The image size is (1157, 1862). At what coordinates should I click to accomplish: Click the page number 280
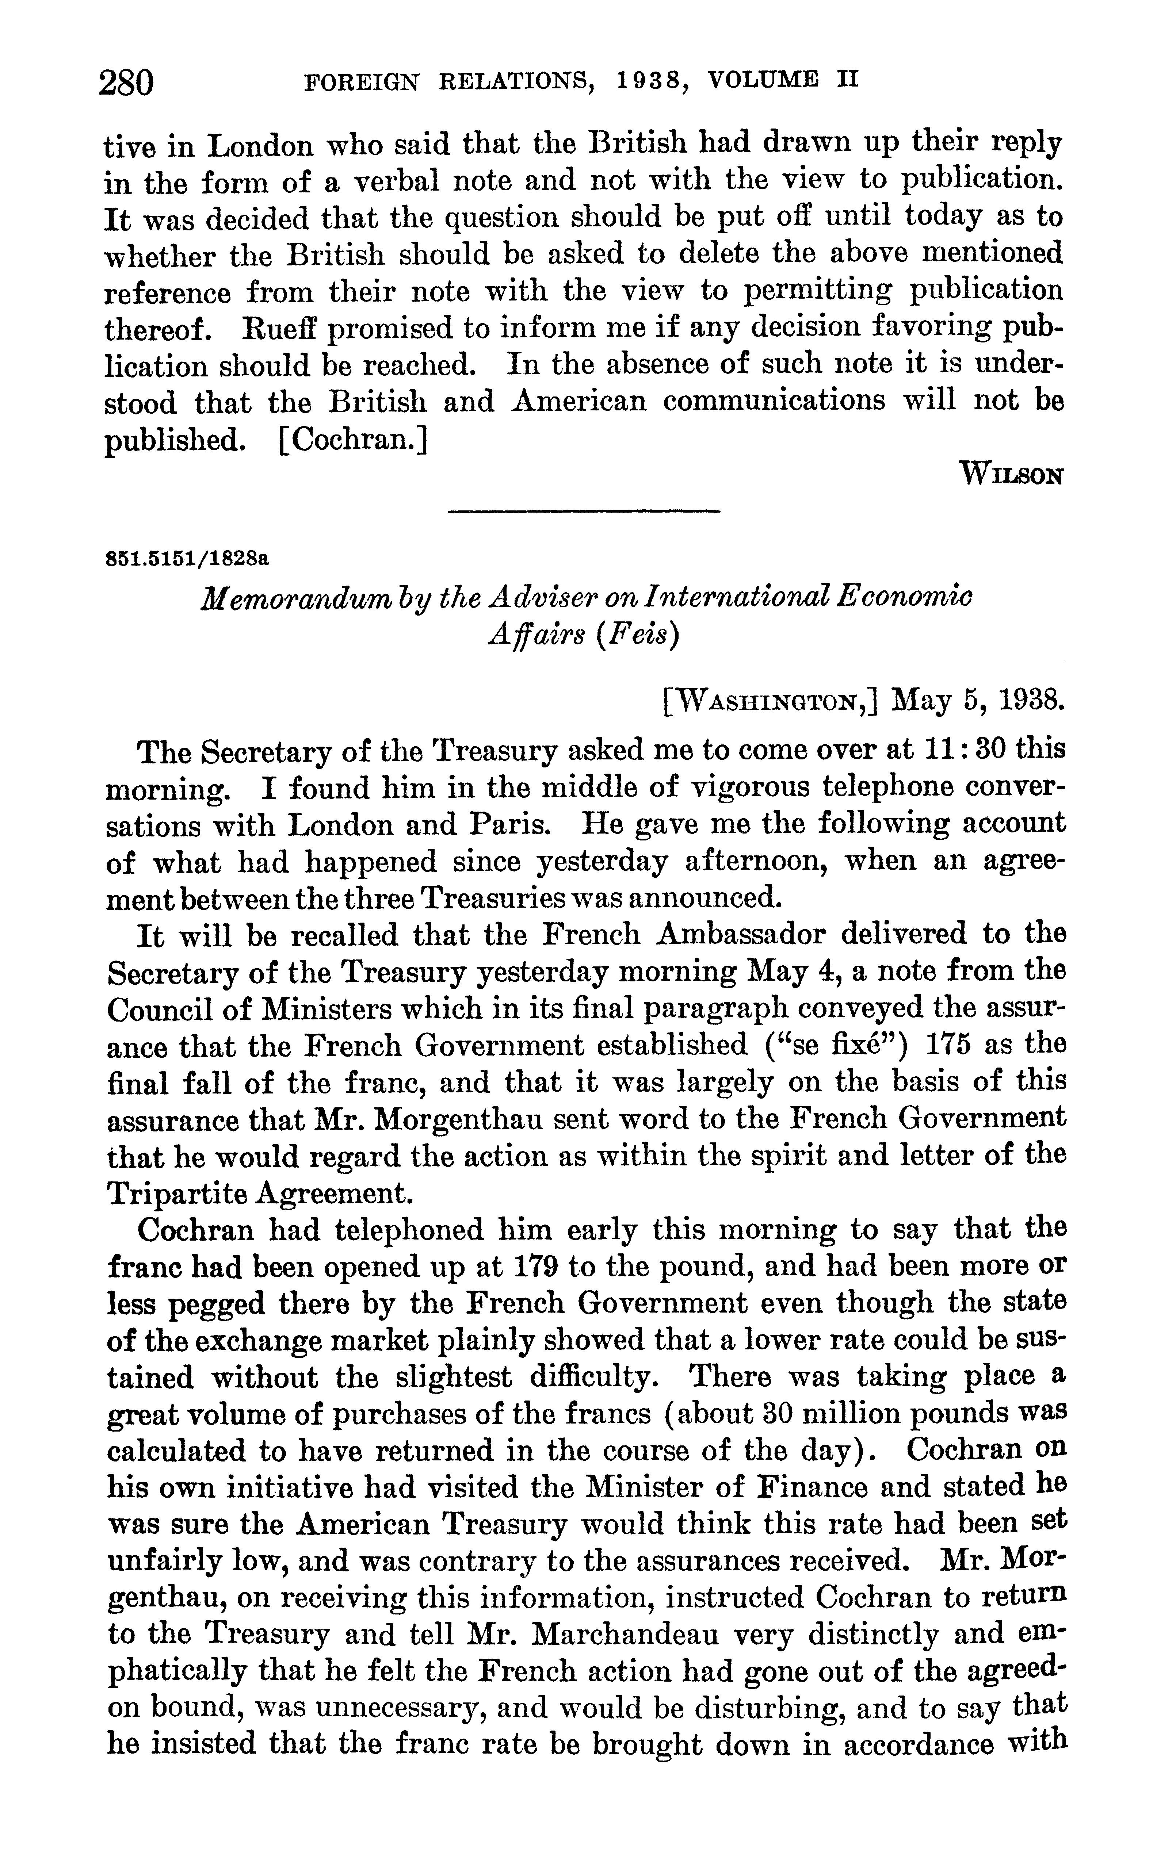(126, 82)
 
